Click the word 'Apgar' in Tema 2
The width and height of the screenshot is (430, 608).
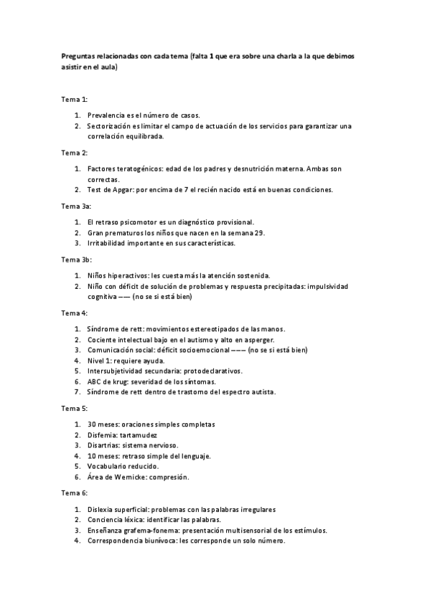coord(122,190)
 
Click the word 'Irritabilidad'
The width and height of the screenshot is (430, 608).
coord(108,243)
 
